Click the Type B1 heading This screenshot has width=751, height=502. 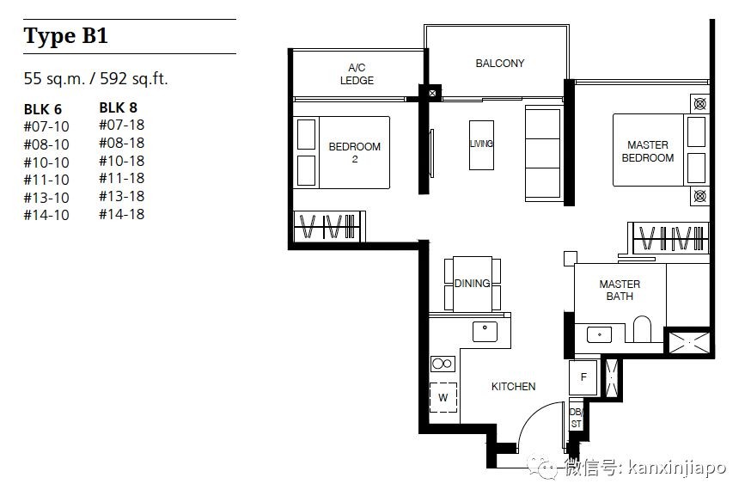tap(65, 36)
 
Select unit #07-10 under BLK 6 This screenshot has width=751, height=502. tap(46, 126)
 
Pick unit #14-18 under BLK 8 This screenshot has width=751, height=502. tap(122, 214)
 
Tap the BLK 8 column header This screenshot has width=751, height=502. tap(119, 107)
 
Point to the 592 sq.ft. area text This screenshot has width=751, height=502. tap(134, 78)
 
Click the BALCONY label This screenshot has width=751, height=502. tap(499, 64)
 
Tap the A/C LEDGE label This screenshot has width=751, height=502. tap(357, 74)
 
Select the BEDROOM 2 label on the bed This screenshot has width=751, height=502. tap(354, 152)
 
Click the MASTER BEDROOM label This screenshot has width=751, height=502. tap(648, 151)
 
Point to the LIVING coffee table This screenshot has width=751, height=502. tap(481, 145)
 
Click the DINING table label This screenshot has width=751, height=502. tap(473, 284)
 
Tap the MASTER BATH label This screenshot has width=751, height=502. tap(620, 290)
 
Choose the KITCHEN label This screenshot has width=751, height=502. tap(513, 387)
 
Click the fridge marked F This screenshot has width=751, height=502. tap(583, 377)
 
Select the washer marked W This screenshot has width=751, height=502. tap(443, 398)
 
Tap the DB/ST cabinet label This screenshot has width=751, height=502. tap(576, 418)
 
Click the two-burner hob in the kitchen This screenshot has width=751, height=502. tap(443, 364)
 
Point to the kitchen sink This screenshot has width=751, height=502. tap(485, 332)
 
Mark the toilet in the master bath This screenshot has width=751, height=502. tap(642, 329)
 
